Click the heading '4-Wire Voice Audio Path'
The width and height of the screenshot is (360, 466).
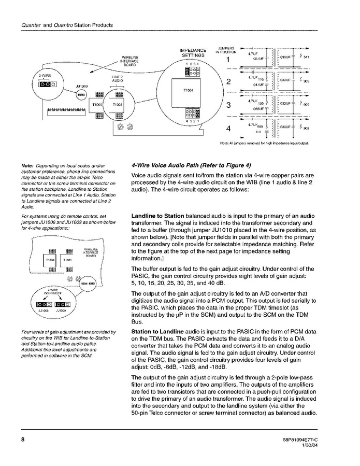click(x=191, y=165)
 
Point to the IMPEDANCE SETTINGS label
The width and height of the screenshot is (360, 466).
click(x=193, y=53)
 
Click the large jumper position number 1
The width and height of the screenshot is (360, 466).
click(x=228, y=59)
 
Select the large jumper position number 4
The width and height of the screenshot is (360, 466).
click(x=228, y=128)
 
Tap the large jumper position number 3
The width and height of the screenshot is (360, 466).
click(x=228, y=106)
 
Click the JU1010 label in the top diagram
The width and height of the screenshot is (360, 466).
click(x=81, y=86)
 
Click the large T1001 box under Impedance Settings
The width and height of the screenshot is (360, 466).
click(x=189, y=90)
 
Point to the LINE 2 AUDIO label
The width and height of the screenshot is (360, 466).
click(x=118, y=79)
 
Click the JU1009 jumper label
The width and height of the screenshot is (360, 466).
click(x=61, y=311)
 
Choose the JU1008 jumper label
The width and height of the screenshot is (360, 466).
click(x=42, y=311)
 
